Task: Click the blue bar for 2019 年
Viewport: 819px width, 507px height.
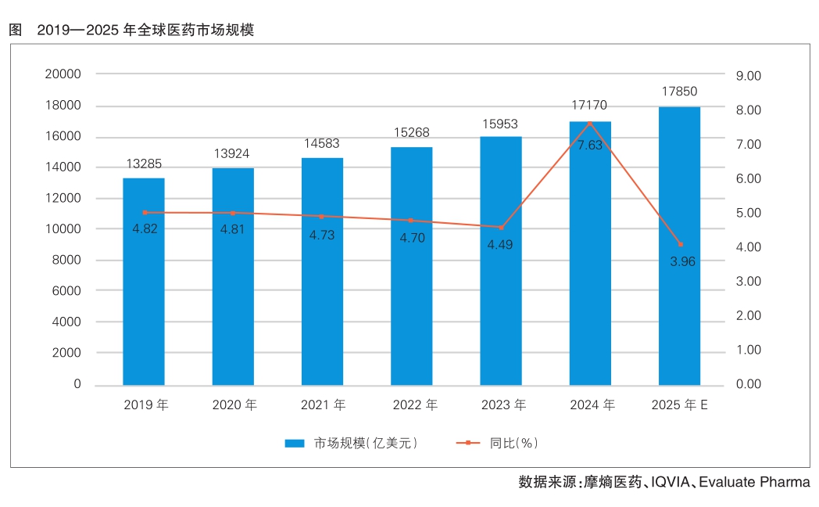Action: click(144, 282)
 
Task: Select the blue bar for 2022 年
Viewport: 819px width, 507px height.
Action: click(412, 266)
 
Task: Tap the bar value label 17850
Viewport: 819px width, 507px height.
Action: click(678, 92)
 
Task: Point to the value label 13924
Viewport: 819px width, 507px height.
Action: click(233, 153)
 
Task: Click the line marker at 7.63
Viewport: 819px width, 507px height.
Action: click(590, 123)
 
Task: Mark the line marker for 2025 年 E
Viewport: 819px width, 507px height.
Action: click(680, 245)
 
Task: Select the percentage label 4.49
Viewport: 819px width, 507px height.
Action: click(500, 245)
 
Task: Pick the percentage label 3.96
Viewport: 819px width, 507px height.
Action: click(682, 261)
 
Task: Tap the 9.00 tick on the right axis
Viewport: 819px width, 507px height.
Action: click(748, 76)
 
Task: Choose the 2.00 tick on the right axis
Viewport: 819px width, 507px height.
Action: click(748, 315)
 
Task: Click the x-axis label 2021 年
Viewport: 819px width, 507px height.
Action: click(323, 405)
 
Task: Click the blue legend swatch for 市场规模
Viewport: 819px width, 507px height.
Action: click(295, 443)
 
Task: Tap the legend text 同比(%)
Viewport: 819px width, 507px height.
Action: click(514, 443)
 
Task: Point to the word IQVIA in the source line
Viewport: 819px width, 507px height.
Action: click(671, 482)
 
